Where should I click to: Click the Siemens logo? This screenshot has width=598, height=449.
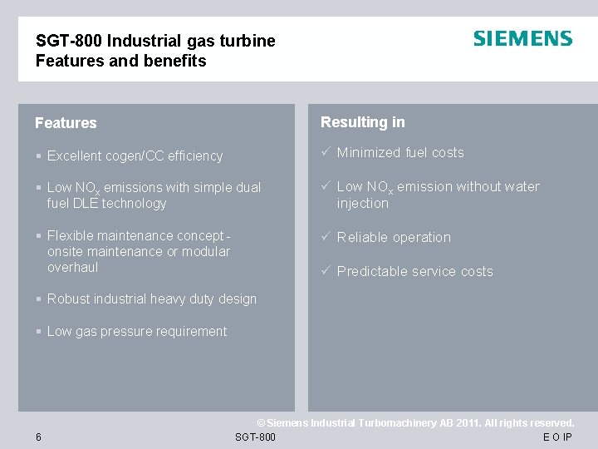pos(522,39)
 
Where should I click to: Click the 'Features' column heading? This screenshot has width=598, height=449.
pos(66,123)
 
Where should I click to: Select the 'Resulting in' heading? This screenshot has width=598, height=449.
pos(363,122)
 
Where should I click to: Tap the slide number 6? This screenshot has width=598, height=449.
pos(39,437)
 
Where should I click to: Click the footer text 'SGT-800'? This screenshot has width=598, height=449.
pos(255,437)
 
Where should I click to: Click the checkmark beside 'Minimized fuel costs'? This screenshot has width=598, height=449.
pos(326,152)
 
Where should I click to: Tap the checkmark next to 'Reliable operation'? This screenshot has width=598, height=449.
pos(326,237)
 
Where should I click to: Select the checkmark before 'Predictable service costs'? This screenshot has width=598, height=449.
pos(326,271)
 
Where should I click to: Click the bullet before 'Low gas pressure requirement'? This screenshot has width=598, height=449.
pos(39,331)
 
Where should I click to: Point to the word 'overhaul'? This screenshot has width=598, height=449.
pos(73,267)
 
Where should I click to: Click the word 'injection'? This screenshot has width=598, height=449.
pos(362,203)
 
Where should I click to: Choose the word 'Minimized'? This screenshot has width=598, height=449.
pos(370,152)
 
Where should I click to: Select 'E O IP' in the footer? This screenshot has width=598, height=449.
pos(557,437)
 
